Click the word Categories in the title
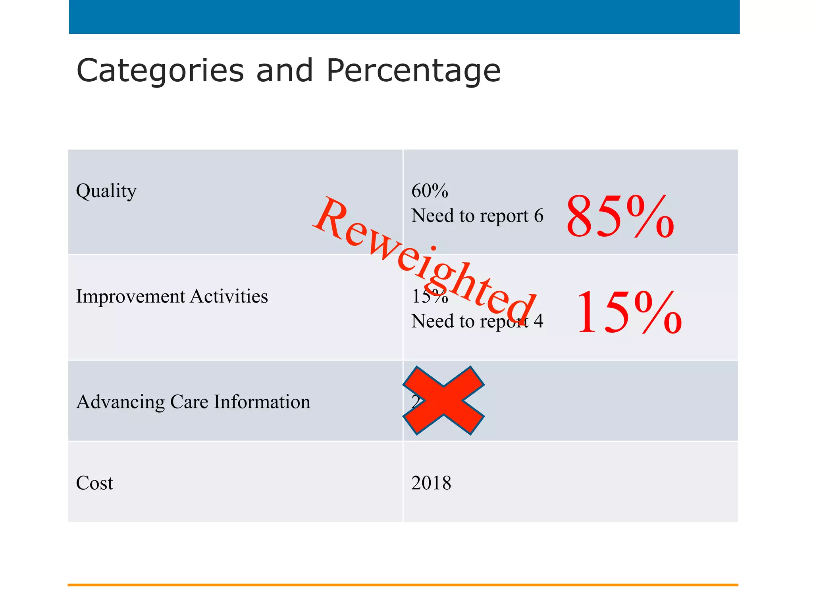coord(160,71)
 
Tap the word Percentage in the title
coord(413,71)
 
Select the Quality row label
coord(106,191)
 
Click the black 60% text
coord(430,191)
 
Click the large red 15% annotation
coord(628,312)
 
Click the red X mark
coord(443,400)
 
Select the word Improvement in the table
coord(131,297)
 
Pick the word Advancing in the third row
coord(120,402)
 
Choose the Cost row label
coord(94,483)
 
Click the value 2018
coord(431,483)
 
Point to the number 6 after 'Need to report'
coord(539,216)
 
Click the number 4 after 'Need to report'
coord(538,322)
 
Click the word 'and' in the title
coord(285,71)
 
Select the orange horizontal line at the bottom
coord(403,585)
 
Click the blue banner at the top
coord(404,17)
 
